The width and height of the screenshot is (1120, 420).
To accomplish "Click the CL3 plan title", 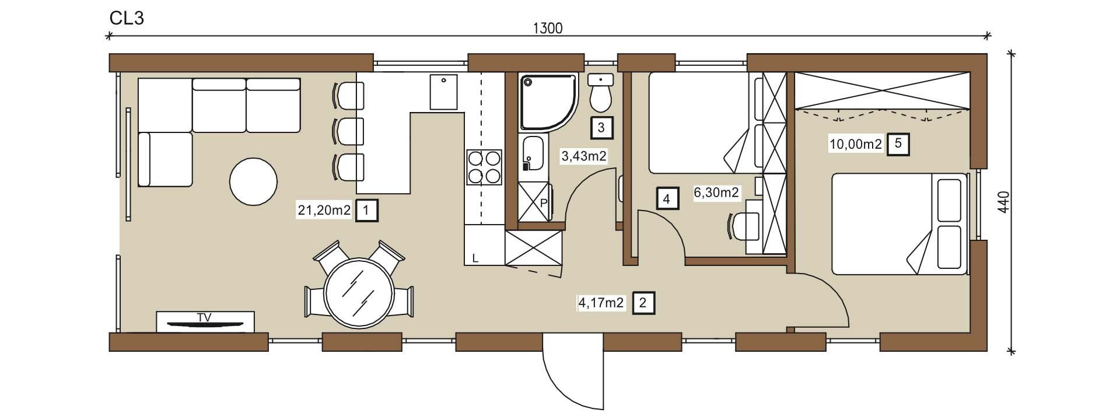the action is [127, 18].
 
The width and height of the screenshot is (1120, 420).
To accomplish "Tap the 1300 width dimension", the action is [548, 27].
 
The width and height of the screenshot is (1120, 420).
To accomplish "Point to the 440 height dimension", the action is [1003, 202].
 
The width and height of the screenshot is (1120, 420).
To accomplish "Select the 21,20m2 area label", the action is [324, 210].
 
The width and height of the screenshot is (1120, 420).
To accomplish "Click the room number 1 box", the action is [366, 210].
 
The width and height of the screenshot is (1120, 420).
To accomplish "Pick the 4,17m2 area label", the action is [601, 303].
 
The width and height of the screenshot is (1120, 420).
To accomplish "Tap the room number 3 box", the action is [602, 128].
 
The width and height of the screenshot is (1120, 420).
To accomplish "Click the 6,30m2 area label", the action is [716, 192].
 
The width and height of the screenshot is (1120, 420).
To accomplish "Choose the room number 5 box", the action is [898, 143].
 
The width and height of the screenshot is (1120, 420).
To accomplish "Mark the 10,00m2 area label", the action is [855, 143].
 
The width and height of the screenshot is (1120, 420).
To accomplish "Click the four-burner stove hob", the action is [484, 167].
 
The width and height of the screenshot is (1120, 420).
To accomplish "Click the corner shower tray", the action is [547, 101].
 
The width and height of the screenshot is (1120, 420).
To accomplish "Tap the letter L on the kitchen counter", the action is [475, 258].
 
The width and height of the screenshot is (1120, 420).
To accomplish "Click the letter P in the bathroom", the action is [543, 203].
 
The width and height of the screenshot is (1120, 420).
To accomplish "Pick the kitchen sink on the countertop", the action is [444, 92].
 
